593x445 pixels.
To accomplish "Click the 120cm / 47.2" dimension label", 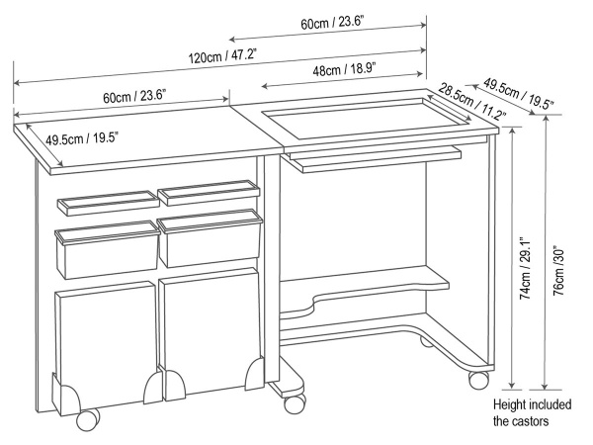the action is click(222, 57).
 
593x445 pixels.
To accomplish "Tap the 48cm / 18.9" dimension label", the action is click(344, 69).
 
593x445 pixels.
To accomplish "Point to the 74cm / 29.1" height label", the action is click(526, 269).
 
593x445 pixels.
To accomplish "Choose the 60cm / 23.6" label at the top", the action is click(332, 23).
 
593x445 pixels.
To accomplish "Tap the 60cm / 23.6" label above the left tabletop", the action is click(134, 96).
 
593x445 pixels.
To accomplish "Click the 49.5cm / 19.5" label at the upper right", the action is click(519, 93).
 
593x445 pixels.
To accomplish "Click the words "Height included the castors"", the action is click(532, 412).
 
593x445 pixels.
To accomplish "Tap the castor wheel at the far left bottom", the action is click(87, 419).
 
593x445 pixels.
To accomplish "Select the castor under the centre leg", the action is click(295, 403).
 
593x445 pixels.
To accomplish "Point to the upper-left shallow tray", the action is click(108, 203).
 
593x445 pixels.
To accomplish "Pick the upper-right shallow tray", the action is click(209, 193).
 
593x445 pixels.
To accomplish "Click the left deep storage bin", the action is click(107, 250).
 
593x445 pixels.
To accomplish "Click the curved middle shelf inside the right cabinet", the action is click(364, 292).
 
